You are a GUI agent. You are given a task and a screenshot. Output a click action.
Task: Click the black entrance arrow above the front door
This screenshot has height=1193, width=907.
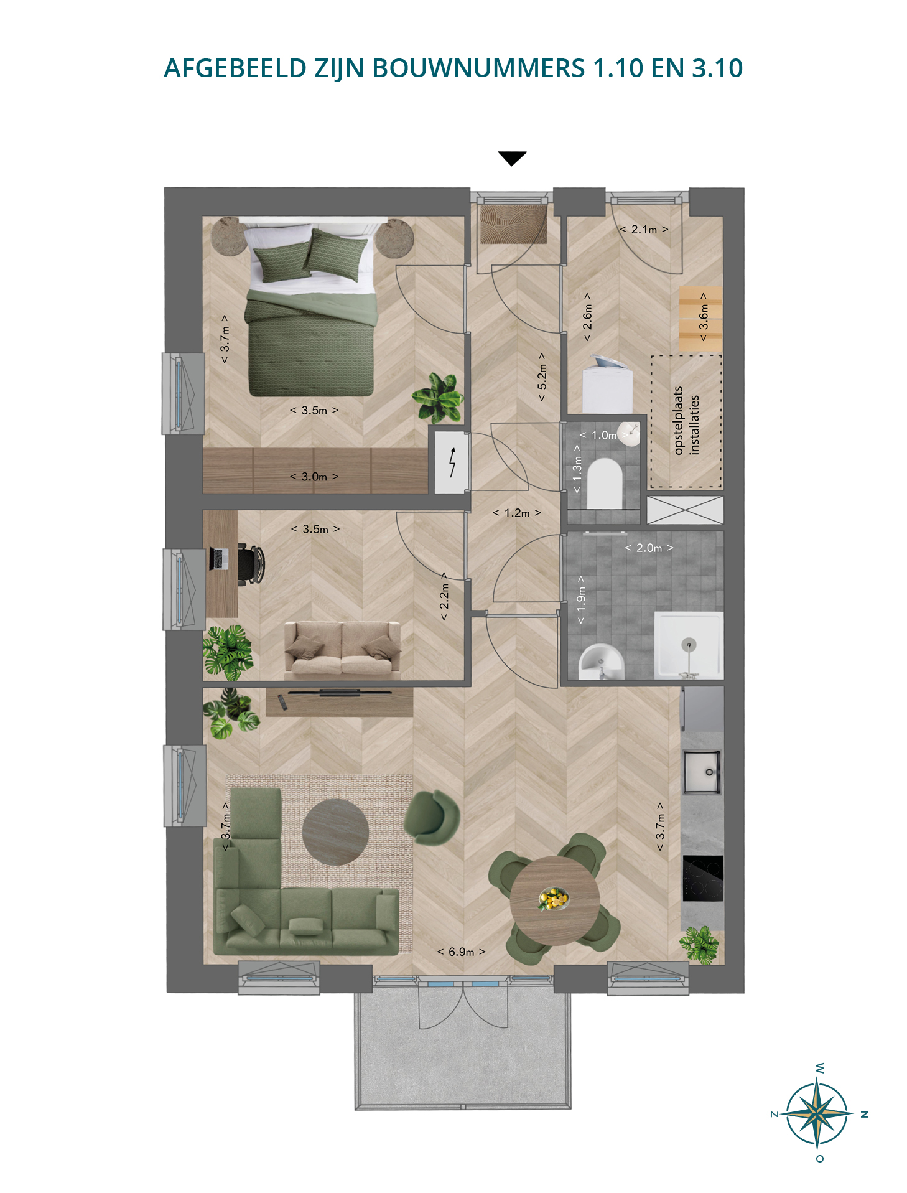512,158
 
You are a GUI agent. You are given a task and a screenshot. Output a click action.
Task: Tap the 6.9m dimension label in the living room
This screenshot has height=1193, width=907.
461,952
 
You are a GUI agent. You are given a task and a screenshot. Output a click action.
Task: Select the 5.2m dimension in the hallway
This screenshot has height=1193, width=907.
542,376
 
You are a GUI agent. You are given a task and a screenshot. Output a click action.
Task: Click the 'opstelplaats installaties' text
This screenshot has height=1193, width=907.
686,421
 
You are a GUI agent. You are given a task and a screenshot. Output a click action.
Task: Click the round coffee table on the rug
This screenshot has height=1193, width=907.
335,832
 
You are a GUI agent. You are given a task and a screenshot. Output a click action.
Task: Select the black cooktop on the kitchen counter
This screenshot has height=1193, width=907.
703,878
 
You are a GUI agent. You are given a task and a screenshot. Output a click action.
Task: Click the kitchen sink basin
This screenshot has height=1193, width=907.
702,772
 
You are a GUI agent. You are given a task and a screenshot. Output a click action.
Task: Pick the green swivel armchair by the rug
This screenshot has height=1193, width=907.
432,817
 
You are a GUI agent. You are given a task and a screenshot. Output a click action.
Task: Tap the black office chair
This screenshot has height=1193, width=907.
250,564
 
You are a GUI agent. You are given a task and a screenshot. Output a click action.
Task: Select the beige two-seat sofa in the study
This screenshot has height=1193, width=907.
342,648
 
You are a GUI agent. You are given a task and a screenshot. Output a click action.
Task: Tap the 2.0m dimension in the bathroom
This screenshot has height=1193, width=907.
649,548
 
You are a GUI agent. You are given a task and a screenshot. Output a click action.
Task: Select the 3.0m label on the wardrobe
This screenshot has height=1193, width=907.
314,477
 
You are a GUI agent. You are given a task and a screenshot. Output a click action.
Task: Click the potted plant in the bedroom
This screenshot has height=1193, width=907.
439,397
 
